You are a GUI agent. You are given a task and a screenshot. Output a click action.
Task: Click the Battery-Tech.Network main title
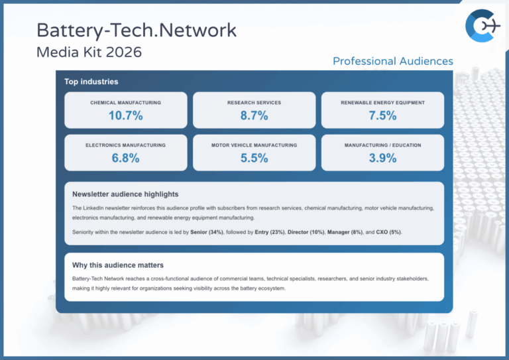click(136, 30)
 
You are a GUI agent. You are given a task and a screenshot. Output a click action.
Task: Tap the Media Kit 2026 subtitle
click(89, 52)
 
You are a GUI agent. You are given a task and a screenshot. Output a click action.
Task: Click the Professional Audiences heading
click(392, 61)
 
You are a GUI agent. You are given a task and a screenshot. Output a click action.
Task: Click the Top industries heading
click(91, 82)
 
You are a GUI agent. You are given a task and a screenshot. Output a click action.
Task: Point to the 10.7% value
click(125, 115)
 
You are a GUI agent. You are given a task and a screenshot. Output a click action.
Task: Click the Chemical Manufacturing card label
click(125, 103)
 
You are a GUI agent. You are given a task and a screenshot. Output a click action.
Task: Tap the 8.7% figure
click(254, 115)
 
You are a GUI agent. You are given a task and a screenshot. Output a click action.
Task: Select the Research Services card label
click(254, 103)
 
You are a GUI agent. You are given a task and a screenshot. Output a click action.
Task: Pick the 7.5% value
click(382, 115)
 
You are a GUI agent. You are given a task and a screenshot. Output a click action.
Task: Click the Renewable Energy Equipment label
click(382, 103)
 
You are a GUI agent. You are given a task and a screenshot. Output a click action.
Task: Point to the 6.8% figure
click(125, 158)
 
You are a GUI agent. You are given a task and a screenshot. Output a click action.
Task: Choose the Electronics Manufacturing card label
click(125, 145)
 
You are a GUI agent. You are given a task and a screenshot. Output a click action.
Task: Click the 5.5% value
click(254, 158)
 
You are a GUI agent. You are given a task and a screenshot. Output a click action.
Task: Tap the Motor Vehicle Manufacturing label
click(254, 145)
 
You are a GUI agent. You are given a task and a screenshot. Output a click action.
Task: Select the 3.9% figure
click(382, 158)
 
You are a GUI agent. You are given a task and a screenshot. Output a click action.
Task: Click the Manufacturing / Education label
click(382, 145)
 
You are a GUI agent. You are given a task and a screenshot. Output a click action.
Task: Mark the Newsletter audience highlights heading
click(125, 194)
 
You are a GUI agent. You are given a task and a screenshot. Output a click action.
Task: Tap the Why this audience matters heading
click(118, 265)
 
